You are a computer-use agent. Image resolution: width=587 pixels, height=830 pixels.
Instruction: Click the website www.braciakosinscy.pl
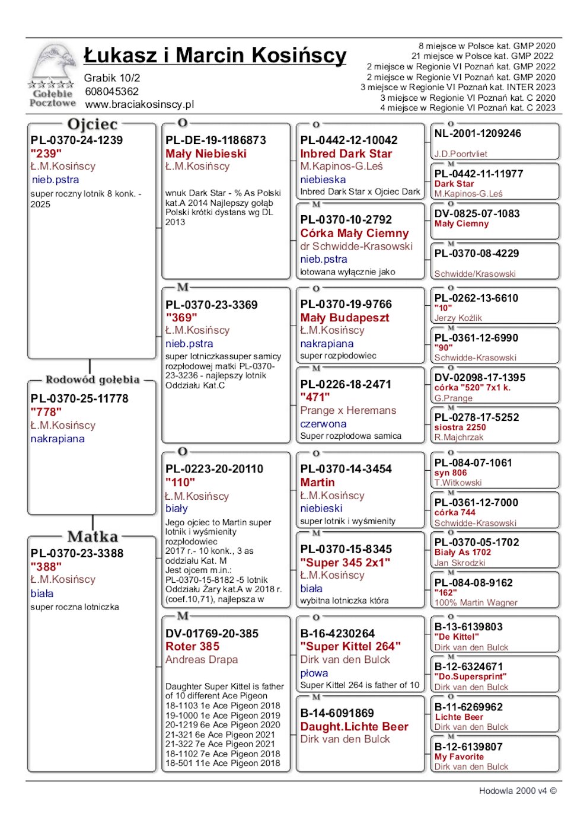[139, 104]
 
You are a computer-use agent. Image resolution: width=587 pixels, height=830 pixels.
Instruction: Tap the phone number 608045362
[111, 91]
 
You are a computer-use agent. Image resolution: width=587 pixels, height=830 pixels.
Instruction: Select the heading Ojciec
[92, 124]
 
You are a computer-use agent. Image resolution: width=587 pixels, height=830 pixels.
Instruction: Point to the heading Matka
[92, 537]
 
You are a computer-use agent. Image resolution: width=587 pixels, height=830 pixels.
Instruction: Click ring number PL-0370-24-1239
[76, 141]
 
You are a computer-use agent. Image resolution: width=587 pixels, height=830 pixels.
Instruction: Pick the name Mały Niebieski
[206, 154]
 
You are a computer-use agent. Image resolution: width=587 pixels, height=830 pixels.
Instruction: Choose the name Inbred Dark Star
[346, 154]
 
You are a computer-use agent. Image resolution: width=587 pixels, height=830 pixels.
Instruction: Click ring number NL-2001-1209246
[477, 134]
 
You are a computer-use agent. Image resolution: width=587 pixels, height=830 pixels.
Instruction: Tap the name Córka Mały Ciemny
[354, 233]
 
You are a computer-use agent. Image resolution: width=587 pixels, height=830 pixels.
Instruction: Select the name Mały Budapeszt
[344, 318]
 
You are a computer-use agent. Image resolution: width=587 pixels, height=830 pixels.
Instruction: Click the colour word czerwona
[323, 424]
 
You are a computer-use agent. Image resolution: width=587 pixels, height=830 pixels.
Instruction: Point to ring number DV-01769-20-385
[212, 634]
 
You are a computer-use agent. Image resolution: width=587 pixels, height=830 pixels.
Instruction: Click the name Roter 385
[192, 647]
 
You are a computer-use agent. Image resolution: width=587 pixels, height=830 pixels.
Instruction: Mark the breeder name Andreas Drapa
[202, 660]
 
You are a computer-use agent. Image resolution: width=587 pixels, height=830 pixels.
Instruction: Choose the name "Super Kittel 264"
[350, 647]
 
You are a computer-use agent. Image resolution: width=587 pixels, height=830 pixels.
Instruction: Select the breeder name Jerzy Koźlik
[458, 318]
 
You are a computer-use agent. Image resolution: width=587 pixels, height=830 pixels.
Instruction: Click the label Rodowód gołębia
[92, 379]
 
